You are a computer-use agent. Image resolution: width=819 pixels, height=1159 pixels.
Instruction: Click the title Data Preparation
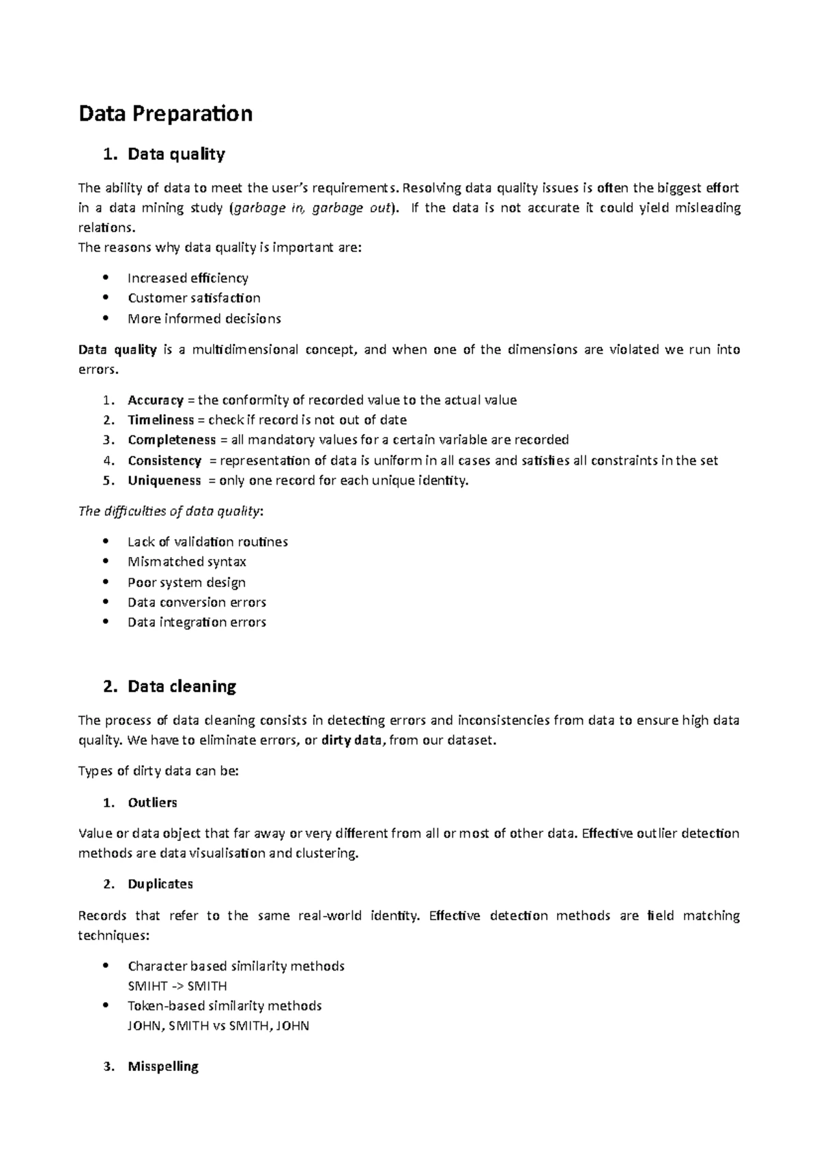point(165,113)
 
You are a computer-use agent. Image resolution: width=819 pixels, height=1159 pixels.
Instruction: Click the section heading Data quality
point(175,154)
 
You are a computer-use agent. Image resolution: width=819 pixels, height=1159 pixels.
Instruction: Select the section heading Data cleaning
point(182,686)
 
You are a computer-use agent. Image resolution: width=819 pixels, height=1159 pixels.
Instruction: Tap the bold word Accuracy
point(155,400)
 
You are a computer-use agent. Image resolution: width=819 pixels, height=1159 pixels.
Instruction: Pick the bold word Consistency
point(164,461)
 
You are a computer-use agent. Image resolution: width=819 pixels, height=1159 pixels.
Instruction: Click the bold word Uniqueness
point(164,481)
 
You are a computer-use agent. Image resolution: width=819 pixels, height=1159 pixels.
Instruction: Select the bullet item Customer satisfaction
point(194,298)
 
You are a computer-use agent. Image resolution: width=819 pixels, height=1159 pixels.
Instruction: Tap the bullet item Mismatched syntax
point(186,562)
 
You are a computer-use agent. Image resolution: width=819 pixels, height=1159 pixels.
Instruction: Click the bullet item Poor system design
point(186,582)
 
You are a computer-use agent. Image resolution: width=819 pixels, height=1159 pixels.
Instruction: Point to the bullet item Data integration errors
point(197,622)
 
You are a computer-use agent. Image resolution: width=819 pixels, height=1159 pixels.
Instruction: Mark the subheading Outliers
point(152,803)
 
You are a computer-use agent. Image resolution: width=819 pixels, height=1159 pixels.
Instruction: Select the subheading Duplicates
point(160,884)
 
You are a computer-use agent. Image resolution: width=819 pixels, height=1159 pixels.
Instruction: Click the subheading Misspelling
point(162,1066)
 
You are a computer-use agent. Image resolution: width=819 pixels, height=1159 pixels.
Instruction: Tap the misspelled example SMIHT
point(145,986)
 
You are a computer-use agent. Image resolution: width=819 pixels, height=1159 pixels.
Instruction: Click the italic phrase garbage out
point(351,208)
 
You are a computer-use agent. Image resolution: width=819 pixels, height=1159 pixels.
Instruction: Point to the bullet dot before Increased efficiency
point(104,278)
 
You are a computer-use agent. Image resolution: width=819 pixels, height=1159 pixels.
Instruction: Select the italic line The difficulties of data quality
point(170,511)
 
